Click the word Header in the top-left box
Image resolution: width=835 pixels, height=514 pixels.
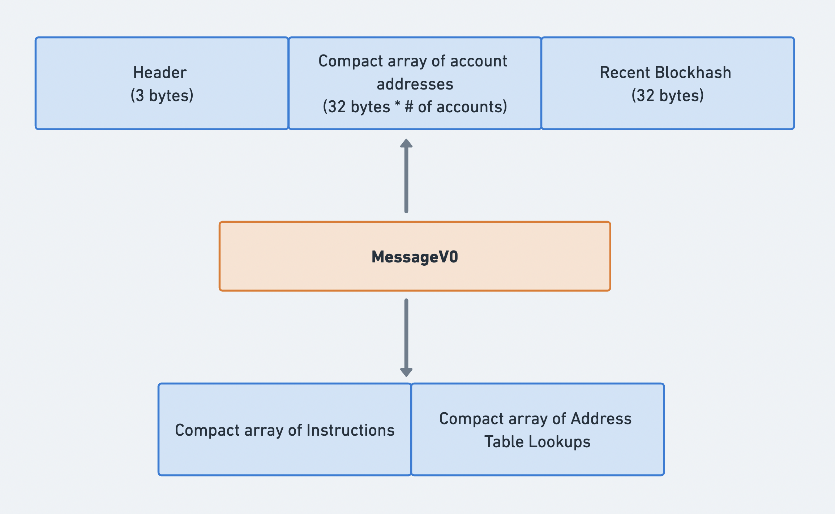point(160,73)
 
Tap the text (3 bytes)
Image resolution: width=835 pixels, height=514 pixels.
point(162,96)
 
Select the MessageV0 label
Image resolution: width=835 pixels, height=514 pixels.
point(415,257)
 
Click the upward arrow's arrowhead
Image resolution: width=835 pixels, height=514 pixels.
point(406,143)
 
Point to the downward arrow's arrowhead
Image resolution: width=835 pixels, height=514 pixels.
point(406,372)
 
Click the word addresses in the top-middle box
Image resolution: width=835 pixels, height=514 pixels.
point(415,84)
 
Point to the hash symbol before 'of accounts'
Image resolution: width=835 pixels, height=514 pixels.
point(409,107)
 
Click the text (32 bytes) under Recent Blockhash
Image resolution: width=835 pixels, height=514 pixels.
point(667,96)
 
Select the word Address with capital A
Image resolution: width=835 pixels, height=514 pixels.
point(601,419)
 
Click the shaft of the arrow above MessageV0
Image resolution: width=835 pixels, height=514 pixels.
point(406,180)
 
